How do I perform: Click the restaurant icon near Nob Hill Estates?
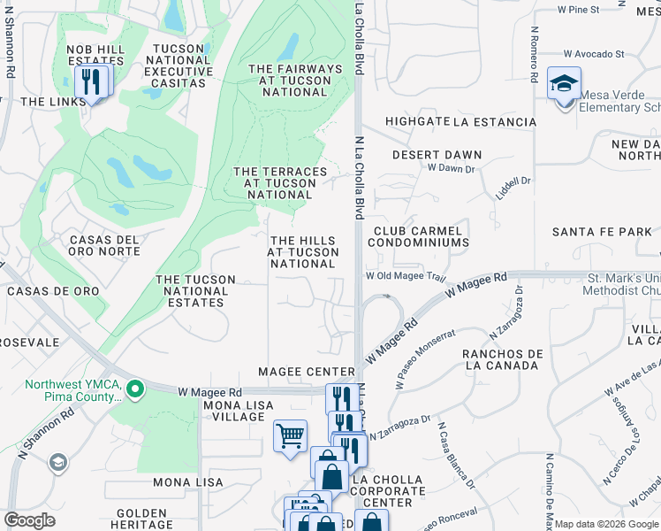pyautogui.click(x=91, y=82)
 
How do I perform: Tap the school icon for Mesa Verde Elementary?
pyautogui.click(x=564, y=85)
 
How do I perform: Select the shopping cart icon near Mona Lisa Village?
pyautogui.click(x=290, y=436)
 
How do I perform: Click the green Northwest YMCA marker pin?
pyautogui.click(x=134, y=389)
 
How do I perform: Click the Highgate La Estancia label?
pyautogui.click(x=460, y=122)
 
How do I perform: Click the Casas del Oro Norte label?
pyautogui.click(x=104, y=246)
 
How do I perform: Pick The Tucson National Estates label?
pyautogui.click(x=195, y=291)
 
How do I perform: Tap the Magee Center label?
pyautogui.click(x=306, y=372)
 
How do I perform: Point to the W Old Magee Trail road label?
pyautogui.click(x=406, y=276)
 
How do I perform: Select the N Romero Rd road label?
pyautogui.click(x=535, y=53)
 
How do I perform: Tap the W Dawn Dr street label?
pyautogui.click(x=451, y=167)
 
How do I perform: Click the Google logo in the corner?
pyautogui.click(x=29, y=520)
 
